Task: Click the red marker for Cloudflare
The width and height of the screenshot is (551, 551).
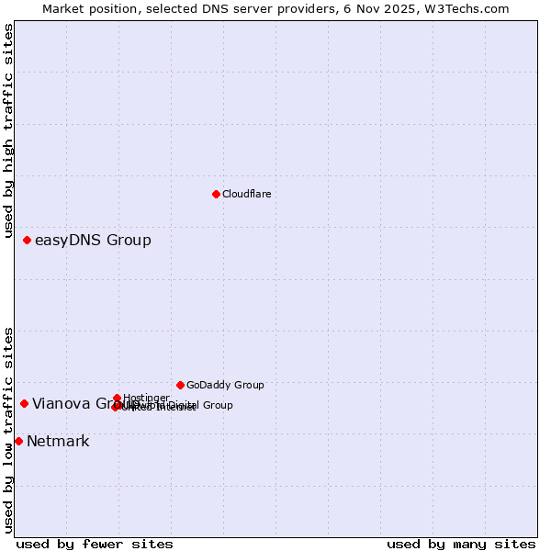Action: (x=216, y=194)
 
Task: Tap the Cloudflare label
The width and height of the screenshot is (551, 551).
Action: (x=246, y=194)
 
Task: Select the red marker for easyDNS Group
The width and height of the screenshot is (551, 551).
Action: (x=27, y=240)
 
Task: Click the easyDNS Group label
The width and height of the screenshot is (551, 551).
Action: (x=93, y=241)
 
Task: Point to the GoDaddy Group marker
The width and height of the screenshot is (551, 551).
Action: (x=180, y=385)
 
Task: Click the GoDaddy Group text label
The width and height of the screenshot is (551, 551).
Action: (x=225, y=385)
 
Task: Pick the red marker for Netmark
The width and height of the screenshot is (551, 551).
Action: (x=18, y=441)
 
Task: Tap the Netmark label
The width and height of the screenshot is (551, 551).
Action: (x=58, y=442)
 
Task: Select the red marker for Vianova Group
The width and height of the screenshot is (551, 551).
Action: (x=24, y=403)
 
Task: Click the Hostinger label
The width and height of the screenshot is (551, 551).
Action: (x=146, y=398)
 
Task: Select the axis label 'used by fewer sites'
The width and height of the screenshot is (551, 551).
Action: (x=95, y=544)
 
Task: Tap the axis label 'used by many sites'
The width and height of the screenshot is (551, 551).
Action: (x=461, y=544)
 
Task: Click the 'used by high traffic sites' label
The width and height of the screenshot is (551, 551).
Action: (x=8, y=131)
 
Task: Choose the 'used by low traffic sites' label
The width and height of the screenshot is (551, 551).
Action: (x=8, y=430)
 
